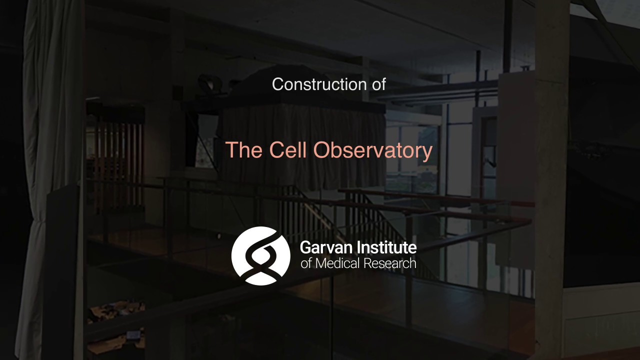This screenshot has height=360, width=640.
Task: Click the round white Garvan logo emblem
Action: pos(260,255)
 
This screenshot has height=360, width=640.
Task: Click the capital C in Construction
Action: pos(278,84)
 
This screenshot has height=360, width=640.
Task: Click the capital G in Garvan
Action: pos(305,247)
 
